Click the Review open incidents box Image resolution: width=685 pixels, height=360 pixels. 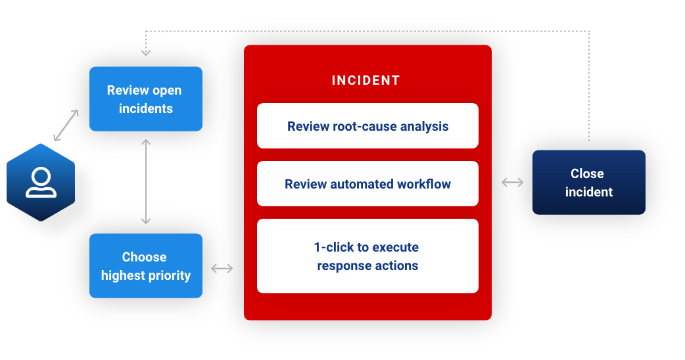click(145, 99)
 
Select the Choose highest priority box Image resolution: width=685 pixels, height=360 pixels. click(145, 265)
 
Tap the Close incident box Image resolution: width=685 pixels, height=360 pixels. click(588, 182)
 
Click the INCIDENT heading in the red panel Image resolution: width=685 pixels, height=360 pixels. click(366, 80)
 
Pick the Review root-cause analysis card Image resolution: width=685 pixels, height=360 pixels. click(367, 125)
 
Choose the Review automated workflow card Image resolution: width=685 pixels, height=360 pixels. click(367, 184)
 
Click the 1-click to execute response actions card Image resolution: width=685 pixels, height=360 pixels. click(367, 256)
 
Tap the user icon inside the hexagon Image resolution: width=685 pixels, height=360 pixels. click(41, 183)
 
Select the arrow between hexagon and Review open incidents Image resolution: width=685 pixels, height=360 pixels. click(66, 125)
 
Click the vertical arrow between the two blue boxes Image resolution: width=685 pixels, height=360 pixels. click(146, 181)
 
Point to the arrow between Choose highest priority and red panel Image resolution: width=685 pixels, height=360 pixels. click(222, 268)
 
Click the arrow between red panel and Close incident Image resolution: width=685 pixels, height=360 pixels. click(512, 183)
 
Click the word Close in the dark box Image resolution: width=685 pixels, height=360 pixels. click(587, 173)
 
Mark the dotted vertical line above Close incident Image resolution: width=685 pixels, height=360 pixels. click(589, 85)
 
